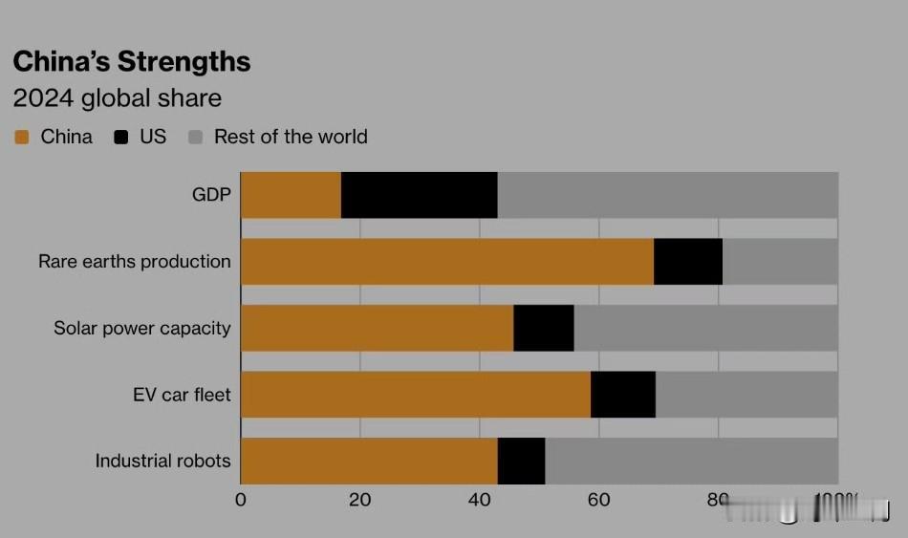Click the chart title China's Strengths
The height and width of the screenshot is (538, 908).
(132, 62)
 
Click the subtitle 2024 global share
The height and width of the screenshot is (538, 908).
(117, 98)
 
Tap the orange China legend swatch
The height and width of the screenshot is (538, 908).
(22, 138)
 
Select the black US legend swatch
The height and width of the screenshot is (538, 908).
(121, 138)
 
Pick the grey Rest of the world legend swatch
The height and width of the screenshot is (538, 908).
(196, 138)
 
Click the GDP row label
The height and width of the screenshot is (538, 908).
(211, 195)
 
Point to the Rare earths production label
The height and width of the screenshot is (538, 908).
(135, 261)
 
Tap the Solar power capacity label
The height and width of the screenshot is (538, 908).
(142, 328)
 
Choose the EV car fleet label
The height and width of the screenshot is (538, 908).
(182, 394)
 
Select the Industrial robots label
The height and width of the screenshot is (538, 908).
(162, 461)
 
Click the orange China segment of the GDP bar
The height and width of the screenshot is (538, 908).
(291, 195)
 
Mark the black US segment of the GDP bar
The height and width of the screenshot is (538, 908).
(419, 195)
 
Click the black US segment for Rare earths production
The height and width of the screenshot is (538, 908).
(688, 262)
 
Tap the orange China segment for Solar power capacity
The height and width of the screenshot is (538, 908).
(377, 328)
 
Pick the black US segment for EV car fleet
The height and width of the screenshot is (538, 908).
(623, 395)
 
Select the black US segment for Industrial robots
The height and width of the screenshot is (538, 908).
(521, 461)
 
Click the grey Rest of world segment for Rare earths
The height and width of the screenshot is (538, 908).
(780, 262)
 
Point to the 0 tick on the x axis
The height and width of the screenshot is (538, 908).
(241, 500)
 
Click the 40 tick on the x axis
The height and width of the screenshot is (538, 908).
(480, 500)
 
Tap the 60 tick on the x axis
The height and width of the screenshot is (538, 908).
(599, 500)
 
